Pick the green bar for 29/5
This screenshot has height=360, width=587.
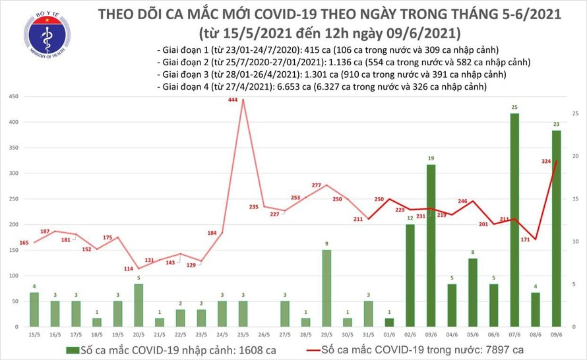(x=326, y=288)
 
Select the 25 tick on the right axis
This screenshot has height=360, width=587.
(x=576, y=114)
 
